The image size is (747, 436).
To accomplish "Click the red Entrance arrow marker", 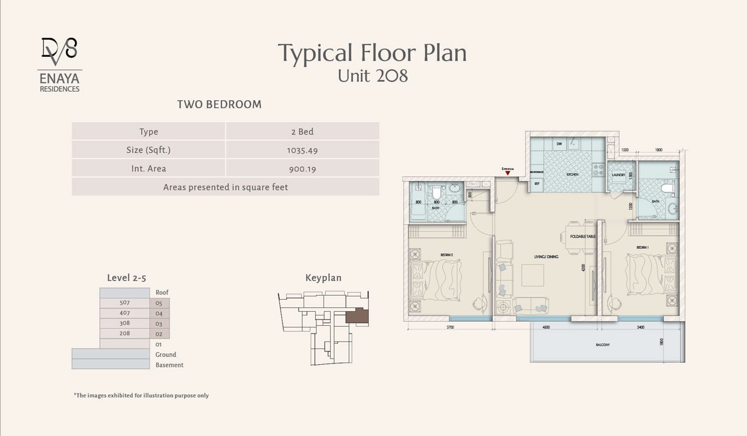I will (508, 173).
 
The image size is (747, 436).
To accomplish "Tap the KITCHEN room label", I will (572, 175).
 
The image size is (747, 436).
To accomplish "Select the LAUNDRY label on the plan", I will (618, 175).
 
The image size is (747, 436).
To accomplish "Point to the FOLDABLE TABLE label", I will (582, 236).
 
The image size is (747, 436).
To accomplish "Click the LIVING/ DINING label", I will (546, 257).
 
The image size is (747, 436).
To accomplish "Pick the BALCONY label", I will (602, 345).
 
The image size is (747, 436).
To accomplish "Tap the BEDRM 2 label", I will (446, 255).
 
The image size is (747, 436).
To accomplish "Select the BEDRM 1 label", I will (642, 247).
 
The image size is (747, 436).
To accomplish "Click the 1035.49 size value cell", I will (302, 150).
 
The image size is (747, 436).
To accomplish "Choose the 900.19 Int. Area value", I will (302, 169).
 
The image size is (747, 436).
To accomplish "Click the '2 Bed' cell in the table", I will (302, 132).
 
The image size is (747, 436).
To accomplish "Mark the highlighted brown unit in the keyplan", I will (357, 316).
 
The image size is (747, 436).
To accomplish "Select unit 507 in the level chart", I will (125, 303).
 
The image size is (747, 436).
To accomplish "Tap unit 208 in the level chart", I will (125, 333).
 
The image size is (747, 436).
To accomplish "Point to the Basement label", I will (169, 365).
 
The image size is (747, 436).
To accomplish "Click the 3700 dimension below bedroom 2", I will (450, 327).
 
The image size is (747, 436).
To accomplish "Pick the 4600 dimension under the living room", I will (546, 327).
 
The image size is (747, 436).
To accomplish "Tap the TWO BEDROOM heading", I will (219, 104).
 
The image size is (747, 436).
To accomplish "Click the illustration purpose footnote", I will (141, 396).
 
